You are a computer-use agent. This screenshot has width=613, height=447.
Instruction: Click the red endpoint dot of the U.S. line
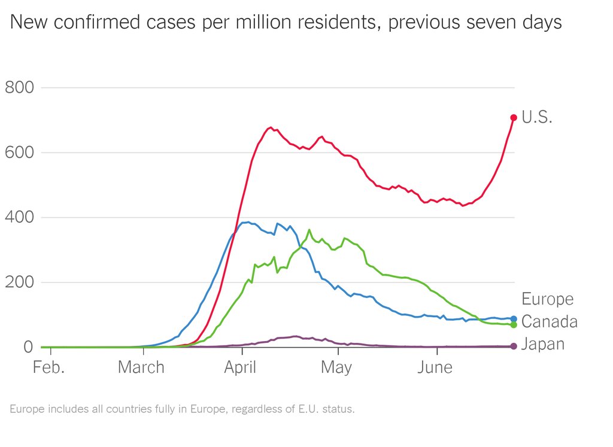pos(514,117)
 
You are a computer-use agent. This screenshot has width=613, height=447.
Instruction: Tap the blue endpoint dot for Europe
pos(514,319)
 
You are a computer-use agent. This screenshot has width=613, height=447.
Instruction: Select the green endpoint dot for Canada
pos(514,324)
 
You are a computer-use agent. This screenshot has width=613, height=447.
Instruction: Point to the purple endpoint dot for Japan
pos(514,346)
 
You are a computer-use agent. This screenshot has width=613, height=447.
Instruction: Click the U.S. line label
pos(537,117)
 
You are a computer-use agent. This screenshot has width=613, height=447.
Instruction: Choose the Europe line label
pos(547,299)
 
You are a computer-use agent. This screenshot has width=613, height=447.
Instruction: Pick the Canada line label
pos(550,322)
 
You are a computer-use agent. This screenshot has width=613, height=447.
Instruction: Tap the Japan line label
pos(543,344)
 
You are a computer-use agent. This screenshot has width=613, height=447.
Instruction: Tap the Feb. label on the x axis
pos(48,367)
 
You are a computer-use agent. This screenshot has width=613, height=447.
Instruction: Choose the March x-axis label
pos(141,367)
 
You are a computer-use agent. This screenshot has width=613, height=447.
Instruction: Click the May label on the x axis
pos(336,367)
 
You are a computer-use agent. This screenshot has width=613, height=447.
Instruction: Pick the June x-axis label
pos(435,367)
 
